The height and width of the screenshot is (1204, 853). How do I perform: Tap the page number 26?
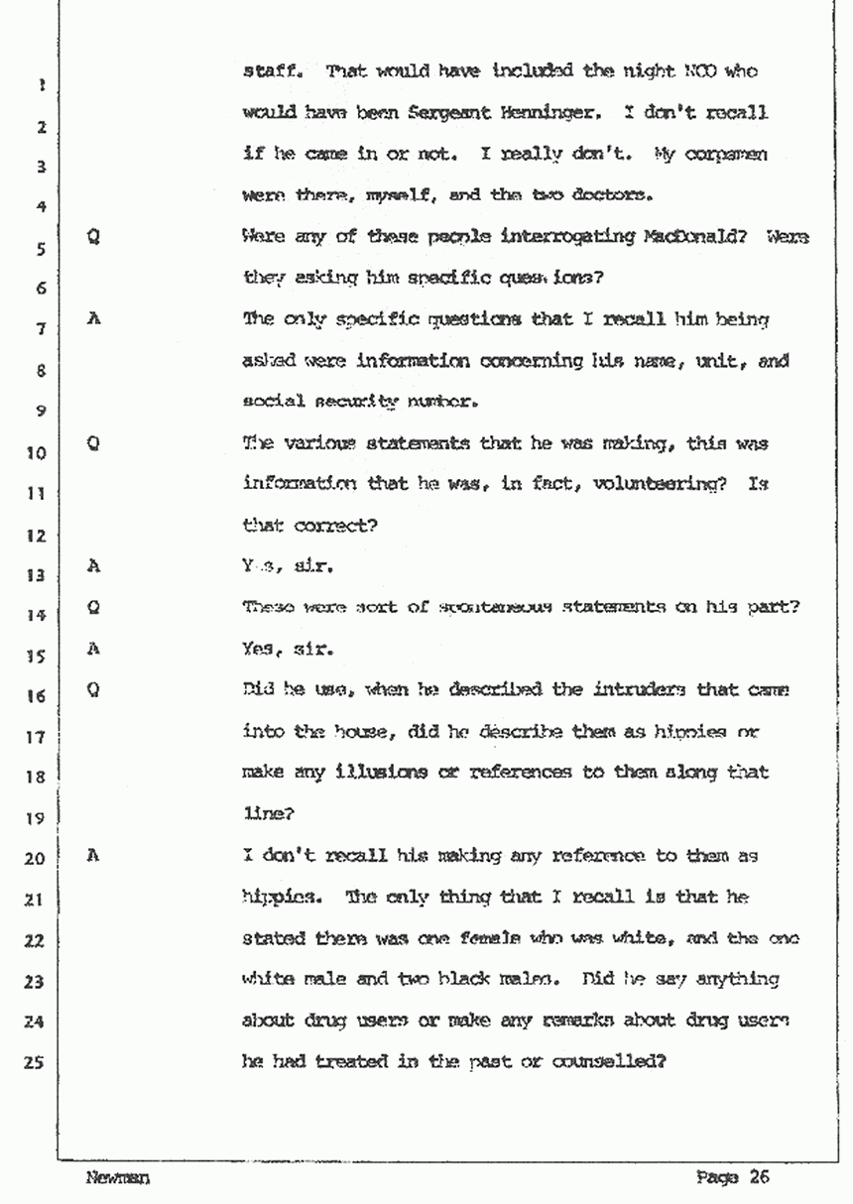[760, 1178]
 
